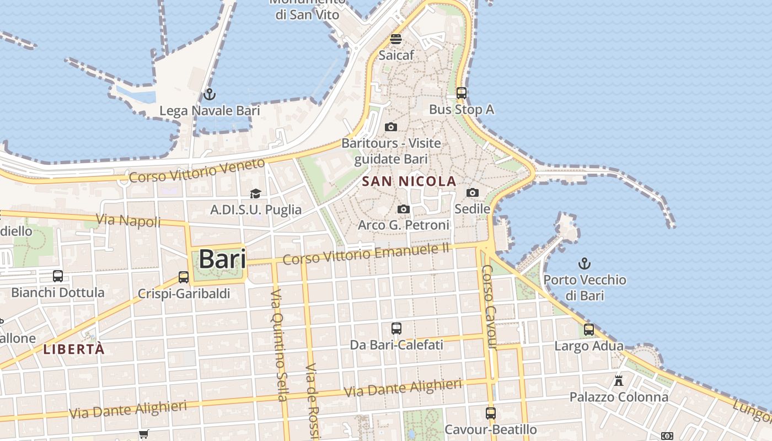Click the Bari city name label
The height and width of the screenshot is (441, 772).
(222, 259)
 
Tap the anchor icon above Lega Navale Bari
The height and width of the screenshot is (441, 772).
(209, 94)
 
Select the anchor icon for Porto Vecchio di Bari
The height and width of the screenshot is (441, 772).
(584, 263)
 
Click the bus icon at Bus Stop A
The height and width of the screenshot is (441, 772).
(462, 93)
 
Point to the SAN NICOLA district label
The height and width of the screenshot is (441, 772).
(409, 181)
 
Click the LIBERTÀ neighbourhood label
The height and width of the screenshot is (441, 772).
(74, 349)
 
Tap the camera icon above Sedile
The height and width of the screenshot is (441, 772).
(473, 192)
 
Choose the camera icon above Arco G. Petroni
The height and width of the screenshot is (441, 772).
(404, 209)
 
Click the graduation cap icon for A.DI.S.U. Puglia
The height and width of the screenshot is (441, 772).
(255, 193)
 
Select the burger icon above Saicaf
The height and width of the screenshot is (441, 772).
(395, 39)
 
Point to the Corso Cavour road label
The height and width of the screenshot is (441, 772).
(489, 307)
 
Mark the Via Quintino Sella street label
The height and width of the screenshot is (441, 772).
(280, 345)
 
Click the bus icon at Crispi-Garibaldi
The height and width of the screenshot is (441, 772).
(184, 277)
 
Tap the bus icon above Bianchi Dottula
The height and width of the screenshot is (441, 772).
(58, 276)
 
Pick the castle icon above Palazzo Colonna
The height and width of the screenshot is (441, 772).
(618, 380)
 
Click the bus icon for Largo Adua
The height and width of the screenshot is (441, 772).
(589, 330)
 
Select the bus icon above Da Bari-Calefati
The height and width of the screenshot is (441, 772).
(396, 329)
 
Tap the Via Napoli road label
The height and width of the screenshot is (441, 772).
(128, 220)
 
